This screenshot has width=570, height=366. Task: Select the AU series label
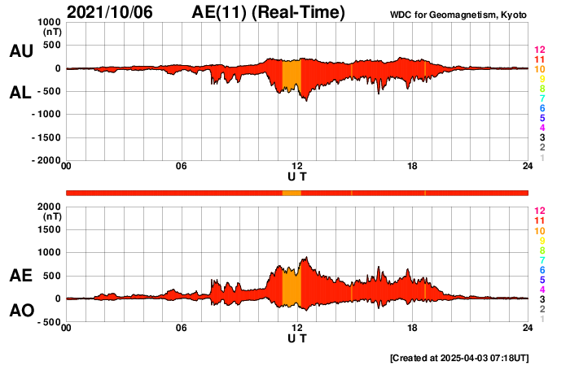20,51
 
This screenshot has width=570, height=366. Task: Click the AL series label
20,94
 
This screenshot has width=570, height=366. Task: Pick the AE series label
20,276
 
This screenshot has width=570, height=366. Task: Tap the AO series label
20,311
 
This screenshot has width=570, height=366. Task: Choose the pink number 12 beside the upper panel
538,50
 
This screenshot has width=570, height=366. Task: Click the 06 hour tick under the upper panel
182,167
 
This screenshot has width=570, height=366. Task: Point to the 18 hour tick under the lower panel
413,328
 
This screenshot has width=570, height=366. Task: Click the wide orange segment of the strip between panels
292,193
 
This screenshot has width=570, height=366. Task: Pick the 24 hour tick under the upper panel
528,167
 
